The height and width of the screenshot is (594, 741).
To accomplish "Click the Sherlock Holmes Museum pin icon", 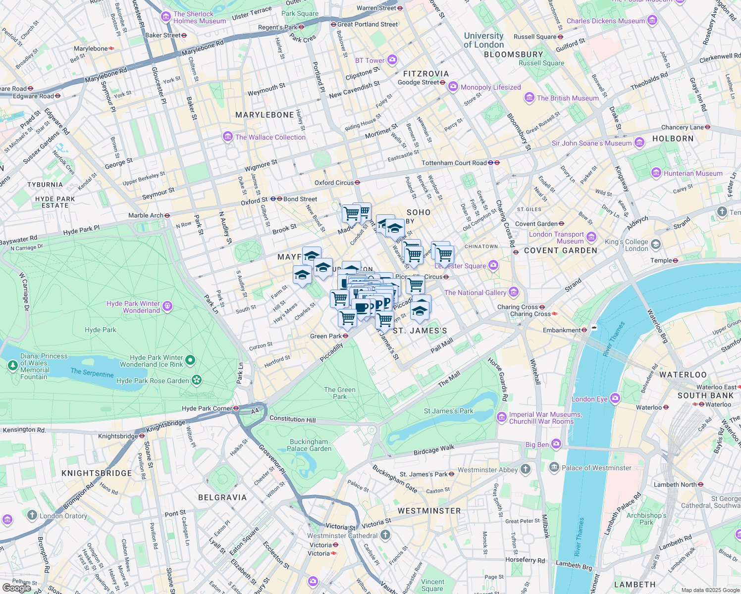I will click(x=165, y=17).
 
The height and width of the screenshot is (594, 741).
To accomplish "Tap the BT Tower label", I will click(x=370, y=60).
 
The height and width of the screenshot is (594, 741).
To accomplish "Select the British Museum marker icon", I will click(x=529, y=98).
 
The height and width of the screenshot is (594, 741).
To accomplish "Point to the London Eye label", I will click(x=589, y=399).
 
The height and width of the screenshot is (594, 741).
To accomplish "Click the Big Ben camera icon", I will click(x=556, y=444).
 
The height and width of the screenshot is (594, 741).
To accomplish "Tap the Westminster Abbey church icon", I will click(x=526, y=469).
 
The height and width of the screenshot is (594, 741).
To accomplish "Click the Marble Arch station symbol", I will click(x=167, y=215).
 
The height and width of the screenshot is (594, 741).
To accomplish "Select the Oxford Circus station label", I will click(x=334, y=183).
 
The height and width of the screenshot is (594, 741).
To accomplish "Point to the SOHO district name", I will click(x=419, y=212).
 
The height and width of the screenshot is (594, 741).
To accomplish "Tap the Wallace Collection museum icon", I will click(x=228, y=137).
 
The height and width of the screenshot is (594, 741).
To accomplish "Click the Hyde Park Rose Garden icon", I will click(x=197, y=380).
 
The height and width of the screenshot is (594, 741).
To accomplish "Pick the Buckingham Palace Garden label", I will click(x=309, y=445).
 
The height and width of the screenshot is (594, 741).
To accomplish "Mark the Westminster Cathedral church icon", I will click(x=385, y=535).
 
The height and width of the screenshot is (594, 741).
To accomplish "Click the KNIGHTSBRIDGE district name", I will click(x=97, y=473).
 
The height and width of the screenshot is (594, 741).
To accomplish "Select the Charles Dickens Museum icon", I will click(x=652, y=21).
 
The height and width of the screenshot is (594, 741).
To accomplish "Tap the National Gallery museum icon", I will click(x=514, y=293).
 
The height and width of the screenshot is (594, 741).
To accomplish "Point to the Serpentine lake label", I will click(x=92, y=372).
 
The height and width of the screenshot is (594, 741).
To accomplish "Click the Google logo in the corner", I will click(x=16, y=588).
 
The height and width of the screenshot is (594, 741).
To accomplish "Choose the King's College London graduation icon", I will click(x=656, y=245).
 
